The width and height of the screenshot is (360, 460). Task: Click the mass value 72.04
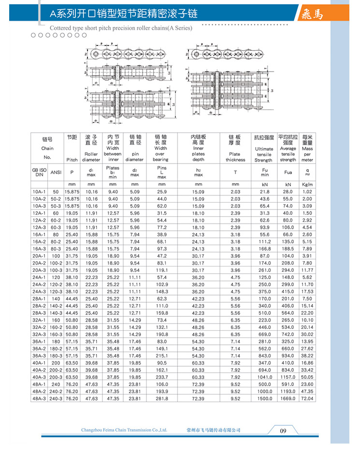[307, 399]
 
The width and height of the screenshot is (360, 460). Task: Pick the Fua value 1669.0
[288, 399]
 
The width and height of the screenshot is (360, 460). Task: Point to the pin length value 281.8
[161, 399]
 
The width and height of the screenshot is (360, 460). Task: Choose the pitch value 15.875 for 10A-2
[72, 199]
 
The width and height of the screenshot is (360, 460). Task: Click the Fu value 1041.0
[264, 378]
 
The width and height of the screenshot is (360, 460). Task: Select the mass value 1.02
[307, 192]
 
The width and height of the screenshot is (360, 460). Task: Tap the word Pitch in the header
[72, 160]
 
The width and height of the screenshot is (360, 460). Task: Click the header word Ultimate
[264, 149]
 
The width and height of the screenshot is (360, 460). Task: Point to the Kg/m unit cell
[307, 185]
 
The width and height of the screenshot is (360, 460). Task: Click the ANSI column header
[57, 171]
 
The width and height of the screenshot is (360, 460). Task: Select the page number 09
[284, 431]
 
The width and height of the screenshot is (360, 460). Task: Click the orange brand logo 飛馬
[315, 13]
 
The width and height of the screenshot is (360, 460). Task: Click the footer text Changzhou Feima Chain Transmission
[125, 430]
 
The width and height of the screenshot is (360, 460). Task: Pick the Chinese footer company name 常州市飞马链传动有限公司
[213, 430]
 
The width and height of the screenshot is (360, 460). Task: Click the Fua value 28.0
[288, 192]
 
